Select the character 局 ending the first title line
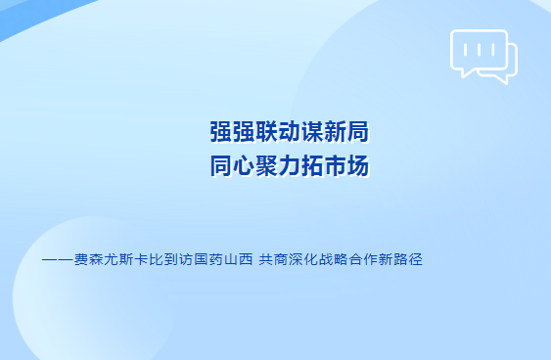pyautogui.click(x=358, y=132)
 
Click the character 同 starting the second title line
pyautogui.click(x=221, y=165)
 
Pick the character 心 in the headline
pyautogui.click(x=244, y=165)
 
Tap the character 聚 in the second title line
pyautogui.click(x=266, y=165)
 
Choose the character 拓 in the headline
pyautogui.click(x=312, y=165)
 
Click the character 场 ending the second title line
pyautogui.click(x=358, y=165)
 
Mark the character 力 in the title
pyautogui.click(x=290, y=165)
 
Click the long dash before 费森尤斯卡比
pyautogui.click(x=58, y=260)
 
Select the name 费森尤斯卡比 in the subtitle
pyautogui.click(x=118, y=259)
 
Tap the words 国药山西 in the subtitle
pyautogui.click(x=223, y=259)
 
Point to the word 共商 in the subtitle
pyautogui.click(x=273, y=259)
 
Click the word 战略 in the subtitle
pyautogui.click(x=333, y=259)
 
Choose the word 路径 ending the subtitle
pyautogui.click(x=408, y=259)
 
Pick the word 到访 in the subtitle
pyautogui.click(x=178, y=259)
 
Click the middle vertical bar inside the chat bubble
pyautogui.click(x=479, y=50)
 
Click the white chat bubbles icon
pyautogui.click(x=483, y=57)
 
